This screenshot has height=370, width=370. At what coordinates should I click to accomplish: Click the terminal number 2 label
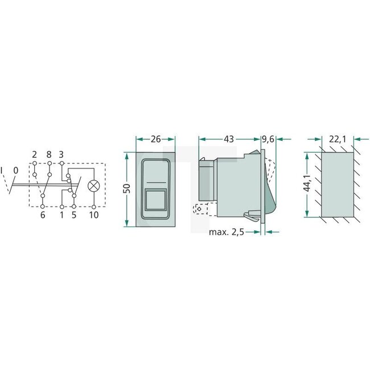[x=35, y=154]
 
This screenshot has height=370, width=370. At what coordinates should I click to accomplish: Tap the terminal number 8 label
[x=49, y=154]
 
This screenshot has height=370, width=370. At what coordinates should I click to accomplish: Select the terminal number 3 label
[x=61, y=154]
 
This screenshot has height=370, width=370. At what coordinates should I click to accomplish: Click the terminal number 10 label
[x=93, y=215]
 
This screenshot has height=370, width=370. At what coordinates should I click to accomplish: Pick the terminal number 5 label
[x=74, y=215]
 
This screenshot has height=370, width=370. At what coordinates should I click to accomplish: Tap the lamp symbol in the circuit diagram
[x=93, y=185]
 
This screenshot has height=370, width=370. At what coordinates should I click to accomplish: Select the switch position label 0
[x=15, y=170]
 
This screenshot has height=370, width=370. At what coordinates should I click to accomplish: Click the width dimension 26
[x=155, y=139]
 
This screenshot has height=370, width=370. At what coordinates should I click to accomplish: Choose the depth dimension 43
[x=229, y=139]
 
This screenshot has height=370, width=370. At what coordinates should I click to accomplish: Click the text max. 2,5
[x=229, y=232]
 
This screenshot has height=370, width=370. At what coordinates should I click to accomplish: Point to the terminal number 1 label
[x=61, y=215]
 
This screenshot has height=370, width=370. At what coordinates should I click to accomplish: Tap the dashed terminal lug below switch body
[x=201, y=209]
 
